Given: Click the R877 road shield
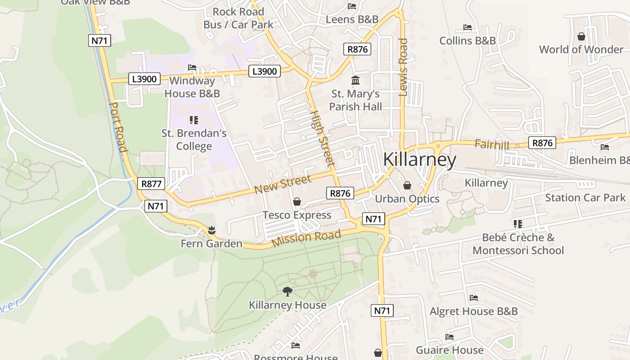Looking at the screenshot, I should pos(151,184).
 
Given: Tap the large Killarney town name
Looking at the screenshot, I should pos(419,160).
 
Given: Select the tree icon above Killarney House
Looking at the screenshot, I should pos(288,292).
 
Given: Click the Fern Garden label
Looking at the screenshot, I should pos(211,243).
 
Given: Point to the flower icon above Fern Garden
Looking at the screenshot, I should pos(211,230).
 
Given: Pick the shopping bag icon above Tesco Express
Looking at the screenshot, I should pos(297,202).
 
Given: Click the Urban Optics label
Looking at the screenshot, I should pos(407,198).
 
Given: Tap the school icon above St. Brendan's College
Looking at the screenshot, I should pos(194,120).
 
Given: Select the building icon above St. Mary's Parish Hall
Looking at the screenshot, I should pos(355,81).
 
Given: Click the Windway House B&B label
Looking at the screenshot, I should pos(192,87).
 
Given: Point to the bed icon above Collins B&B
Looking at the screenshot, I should pos(468,27).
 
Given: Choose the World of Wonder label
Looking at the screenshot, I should pos(581,49).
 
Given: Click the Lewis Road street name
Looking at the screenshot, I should pos(403,67).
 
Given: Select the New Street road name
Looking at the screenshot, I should pos(282,184).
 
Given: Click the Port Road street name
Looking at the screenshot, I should pos(118,127).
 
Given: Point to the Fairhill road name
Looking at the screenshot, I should pos(492,145).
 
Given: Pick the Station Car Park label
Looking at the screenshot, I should pos(585,198).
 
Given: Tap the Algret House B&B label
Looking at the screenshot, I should pos(473,311).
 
